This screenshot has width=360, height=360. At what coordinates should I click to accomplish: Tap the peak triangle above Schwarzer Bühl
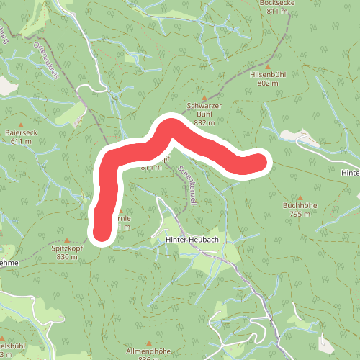[x=204, y=98]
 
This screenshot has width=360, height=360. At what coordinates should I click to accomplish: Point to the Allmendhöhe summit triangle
[x=149, y=343]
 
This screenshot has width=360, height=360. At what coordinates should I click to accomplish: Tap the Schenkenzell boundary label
[x=186, y=185]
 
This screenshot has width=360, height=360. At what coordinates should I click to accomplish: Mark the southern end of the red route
[x=102, y=232]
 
